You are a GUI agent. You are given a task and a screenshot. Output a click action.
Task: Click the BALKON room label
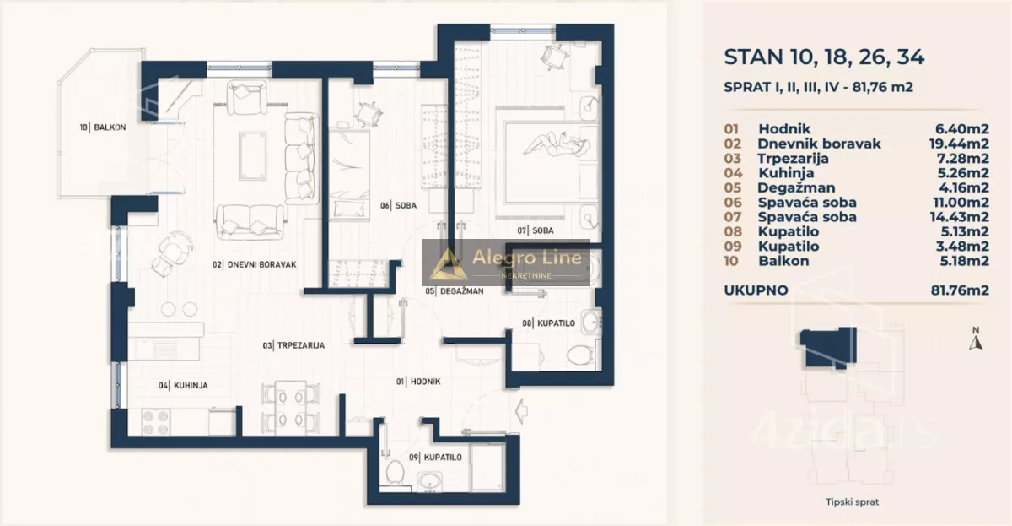[103, 127]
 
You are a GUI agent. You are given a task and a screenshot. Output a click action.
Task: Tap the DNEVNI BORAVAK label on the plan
[255, 264]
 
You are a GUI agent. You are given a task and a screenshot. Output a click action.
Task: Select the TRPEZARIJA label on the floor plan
[293, 345]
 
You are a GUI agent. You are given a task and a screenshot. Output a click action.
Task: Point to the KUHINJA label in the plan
[183, 385]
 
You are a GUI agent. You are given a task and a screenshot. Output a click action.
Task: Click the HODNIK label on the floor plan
[418, 382]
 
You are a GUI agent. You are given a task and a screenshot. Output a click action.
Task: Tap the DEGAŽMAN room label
[454, 291]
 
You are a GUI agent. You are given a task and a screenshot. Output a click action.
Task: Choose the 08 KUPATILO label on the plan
[548, 323]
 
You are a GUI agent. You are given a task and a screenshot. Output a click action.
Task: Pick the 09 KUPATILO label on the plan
[435, 458]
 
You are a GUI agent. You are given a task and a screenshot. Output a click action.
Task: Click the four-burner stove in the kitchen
[156, 422]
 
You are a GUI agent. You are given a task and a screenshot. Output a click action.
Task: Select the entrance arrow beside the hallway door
[521, 411]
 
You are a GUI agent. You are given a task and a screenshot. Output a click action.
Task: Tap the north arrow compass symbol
[976, 339]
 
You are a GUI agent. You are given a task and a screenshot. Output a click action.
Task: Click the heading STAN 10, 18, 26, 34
[824, 57]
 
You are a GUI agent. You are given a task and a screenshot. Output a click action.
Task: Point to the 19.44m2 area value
[959, 144]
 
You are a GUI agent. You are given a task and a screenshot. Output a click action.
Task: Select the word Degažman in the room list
[796, 187]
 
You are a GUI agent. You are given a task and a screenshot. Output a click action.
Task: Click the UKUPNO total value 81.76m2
[960, 290]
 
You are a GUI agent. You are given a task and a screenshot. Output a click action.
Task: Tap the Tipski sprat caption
[852, 502]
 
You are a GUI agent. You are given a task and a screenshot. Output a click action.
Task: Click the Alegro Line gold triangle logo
[448, 263]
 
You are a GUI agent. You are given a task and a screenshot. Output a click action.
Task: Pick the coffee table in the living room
[253, 155]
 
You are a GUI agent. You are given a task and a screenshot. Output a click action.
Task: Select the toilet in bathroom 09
[395, 472]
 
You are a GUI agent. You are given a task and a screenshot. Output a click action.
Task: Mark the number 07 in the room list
[732, 217]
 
